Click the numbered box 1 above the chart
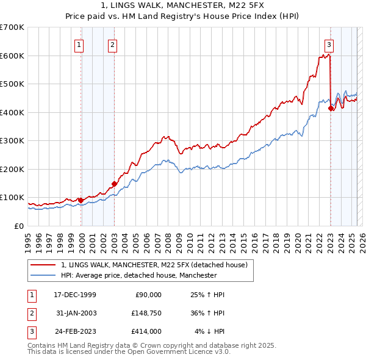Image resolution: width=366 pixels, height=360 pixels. click(80, 44)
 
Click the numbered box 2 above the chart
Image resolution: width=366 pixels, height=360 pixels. click(113, 44)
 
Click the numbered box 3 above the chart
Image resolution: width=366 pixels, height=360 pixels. click(329, 44)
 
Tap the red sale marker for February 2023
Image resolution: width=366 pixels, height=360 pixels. click(331, 109)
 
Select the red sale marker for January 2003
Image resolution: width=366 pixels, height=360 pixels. click(114, 183)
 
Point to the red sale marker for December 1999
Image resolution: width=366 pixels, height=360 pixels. click(81, 200)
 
